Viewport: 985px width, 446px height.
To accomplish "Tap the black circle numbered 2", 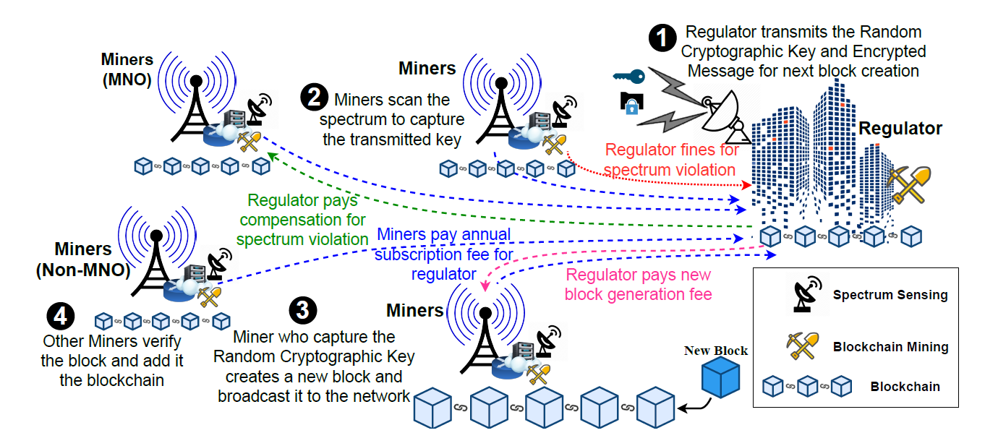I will [314, 100].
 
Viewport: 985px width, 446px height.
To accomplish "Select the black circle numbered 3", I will [302, 311].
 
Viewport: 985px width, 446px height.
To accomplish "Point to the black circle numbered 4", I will [60, 314].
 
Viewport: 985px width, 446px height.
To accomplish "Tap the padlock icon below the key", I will [630, 103].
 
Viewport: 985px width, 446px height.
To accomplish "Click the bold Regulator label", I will [900, 129].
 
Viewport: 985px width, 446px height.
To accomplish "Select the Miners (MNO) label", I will [126, 69].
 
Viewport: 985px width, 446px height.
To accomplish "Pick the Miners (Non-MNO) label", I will [83, 260].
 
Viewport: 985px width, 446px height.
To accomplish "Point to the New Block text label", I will [715, 351].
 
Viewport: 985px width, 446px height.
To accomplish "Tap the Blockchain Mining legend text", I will [890, 347].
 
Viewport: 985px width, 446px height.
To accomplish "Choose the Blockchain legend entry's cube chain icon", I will [803, 387].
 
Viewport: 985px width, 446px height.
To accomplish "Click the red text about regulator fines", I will [672, 160].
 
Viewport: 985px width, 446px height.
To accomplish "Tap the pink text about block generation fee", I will [638, 284].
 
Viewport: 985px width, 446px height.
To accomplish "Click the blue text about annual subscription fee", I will [444, 254].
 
